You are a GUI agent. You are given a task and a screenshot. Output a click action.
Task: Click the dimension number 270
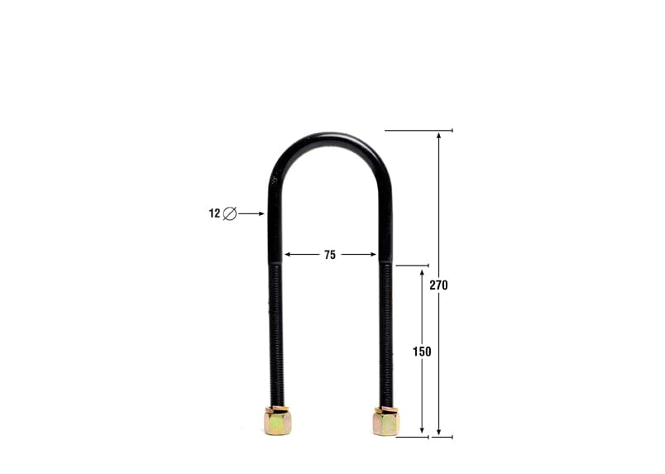click(438, 285)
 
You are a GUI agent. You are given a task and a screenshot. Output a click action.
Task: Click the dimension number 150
click(422, 352)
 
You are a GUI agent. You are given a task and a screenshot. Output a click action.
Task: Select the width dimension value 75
click(330, 255)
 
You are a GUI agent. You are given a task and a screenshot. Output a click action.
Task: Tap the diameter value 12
click(214, 213)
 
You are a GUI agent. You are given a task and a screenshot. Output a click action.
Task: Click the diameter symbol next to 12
click(230, 213)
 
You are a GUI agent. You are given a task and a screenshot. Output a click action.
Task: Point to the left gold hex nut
click(276, 421)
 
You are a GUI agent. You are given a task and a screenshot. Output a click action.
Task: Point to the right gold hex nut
click(385, 421)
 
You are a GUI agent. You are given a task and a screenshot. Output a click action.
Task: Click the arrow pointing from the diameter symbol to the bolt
click(251, 213)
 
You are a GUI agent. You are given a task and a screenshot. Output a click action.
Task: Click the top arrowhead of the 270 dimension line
click(439, 135)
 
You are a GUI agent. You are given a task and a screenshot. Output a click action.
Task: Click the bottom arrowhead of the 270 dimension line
click(439, 432)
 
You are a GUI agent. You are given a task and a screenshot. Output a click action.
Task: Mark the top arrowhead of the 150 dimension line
click(423, 271)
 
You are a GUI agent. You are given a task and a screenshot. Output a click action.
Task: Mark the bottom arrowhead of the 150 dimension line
click(423, 432)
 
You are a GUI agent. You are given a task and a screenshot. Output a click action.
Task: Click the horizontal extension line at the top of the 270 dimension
click(419, 130)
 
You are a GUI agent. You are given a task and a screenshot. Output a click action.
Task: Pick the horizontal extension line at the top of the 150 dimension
click(411, 266)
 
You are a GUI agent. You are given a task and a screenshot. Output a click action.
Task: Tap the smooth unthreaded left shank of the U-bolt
click(274, 223)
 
